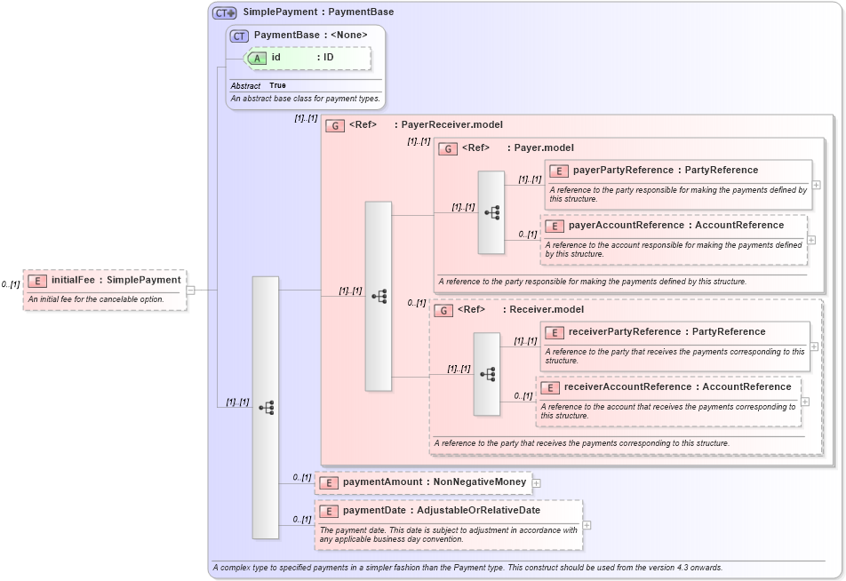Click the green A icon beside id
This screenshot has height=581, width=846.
256,58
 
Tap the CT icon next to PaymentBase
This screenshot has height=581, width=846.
239,36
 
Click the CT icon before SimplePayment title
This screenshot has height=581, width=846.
224,12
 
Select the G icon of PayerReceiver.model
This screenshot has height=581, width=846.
335,125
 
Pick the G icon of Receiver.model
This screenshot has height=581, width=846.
443,310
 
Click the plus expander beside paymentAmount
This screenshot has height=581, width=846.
537,483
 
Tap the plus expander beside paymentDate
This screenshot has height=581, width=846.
587,525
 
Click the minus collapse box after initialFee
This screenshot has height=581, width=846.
191,290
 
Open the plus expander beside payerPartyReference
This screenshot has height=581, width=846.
816,185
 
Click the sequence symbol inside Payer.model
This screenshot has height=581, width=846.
491,212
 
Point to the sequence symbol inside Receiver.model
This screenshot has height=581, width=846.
487,374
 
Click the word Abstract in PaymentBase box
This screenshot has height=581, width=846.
245,86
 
